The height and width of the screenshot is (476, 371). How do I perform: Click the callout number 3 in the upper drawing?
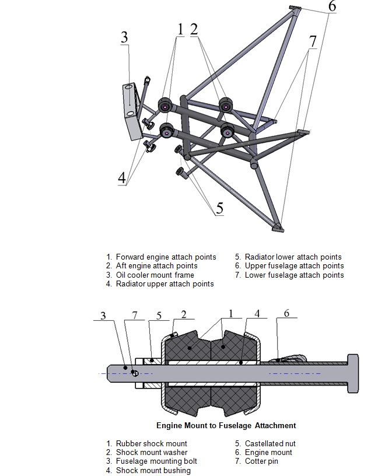124,37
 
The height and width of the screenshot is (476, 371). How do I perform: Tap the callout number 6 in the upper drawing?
331,7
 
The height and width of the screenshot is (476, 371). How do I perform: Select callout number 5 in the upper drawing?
219,208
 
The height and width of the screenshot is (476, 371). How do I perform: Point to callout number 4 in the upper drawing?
122,178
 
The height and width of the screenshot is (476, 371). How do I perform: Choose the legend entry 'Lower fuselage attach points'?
294,275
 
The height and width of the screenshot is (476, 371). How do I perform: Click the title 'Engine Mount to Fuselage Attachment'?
226,426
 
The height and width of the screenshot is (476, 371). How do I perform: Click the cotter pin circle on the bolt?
135,373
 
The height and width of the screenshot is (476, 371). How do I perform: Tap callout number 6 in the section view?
286,313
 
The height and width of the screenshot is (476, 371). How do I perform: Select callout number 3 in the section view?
103,316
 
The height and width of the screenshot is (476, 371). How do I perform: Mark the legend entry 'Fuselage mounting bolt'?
157,461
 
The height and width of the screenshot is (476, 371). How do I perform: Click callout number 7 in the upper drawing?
313,41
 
